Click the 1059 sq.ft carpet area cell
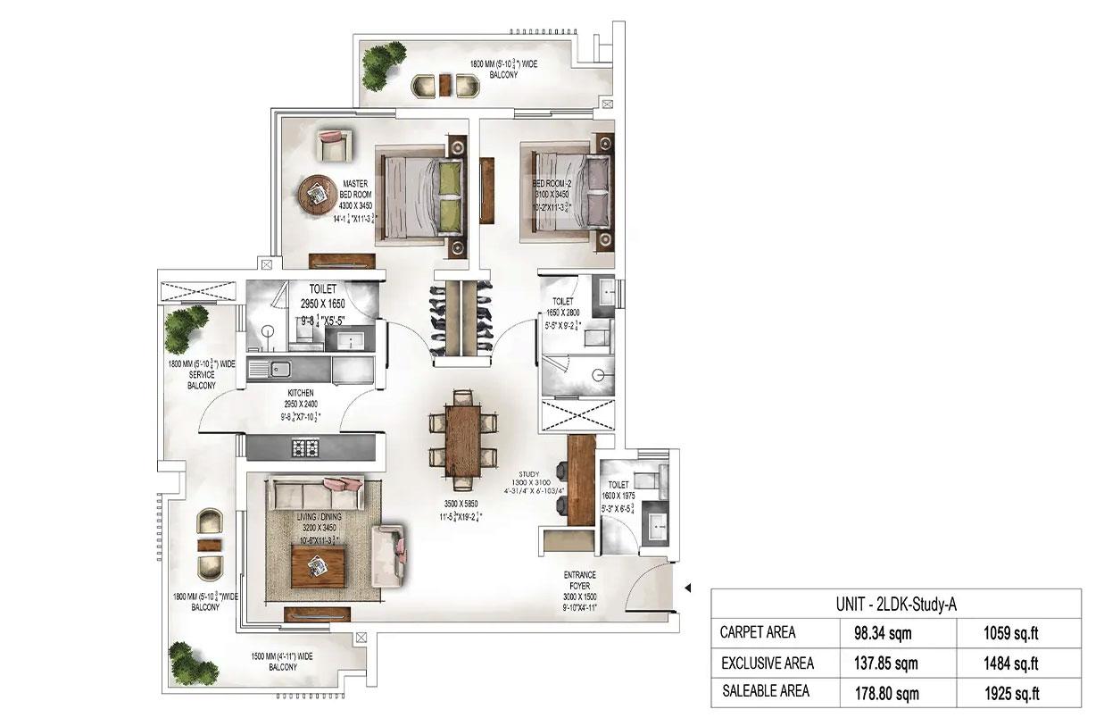click(1009, 633)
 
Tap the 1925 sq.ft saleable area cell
click(1009, 692)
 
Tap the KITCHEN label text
click(299, 393)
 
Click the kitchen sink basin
click(278, 367)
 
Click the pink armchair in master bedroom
click(331, 144)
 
